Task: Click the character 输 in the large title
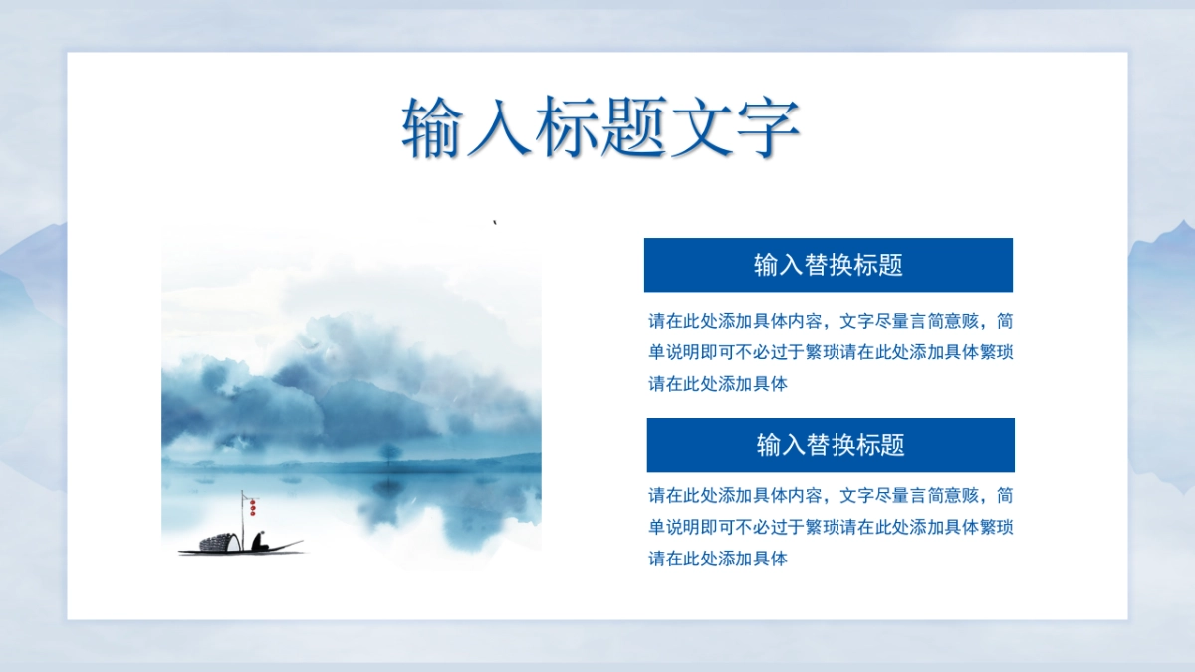[431, 128]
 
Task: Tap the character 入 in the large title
[498, 128]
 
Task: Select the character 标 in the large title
[566, 128]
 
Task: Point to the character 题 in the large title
[633, 128]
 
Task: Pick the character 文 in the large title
[701, 128]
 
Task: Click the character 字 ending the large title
[768, 128]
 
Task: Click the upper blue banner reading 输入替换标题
[828, 265]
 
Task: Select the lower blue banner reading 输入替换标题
[831, 445]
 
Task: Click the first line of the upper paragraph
[831, 321]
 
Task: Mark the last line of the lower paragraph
[718, 559]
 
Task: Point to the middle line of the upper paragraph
[831, 352]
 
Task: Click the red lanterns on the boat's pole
[252, 507]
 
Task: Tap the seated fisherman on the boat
[260, 541]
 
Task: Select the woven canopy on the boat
[219, 542]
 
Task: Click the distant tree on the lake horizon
[390, 453]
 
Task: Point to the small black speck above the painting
[495, 222]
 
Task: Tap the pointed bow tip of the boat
[302, 542]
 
